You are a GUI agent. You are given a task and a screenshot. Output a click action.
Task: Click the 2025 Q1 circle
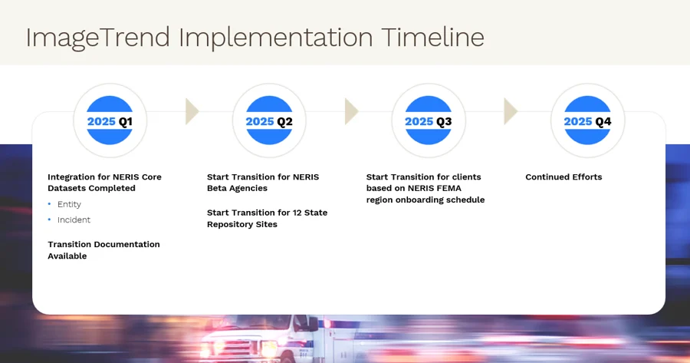pyautogui.click(x=110, y=120)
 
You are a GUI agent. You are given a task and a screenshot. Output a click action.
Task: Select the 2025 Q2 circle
pyautogui.click(x=269, y=120)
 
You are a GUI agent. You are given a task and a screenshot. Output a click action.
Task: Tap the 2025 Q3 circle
pyautogui.click(x=428, y=120)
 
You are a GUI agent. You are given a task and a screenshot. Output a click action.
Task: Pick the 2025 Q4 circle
pyautogui.click(x=587, y=120)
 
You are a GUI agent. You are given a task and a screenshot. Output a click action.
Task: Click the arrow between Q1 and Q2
pyautogui.click(x=192, y=111)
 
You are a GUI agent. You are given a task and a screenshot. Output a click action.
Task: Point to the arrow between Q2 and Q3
pyautogui.click(x=351, y=111)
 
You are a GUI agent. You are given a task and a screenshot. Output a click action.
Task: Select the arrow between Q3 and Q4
pyautogui.click(x=511, y=111)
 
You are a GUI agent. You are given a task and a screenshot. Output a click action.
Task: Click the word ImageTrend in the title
pyautogui.click(x=97, y=38)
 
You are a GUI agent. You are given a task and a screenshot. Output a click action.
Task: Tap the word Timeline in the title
pyautogui.click(x=433, y=37)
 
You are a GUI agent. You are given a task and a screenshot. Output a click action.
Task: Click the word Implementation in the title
pyautogui.click(x=276, y=38)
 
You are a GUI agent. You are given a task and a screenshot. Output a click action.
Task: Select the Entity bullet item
pyautogui.click(x=69, y=204)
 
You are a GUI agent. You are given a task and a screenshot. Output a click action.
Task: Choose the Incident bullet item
pyautogui.click(x=74, y=219)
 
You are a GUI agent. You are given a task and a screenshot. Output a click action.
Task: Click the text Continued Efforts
pyautogui.click(x=563, y=177)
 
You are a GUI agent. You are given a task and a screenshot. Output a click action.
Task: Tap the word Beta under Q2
pyautogui.click(x=216, y=188)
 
